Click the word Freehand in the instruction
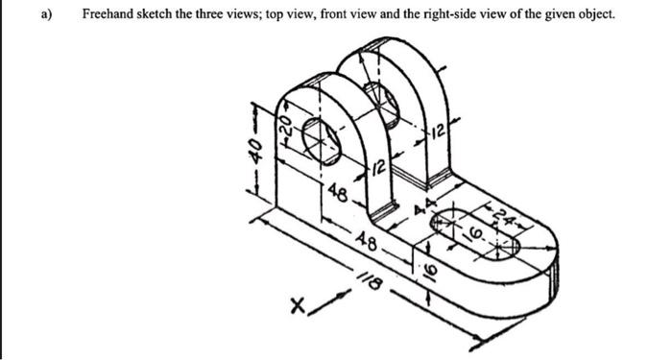point(109,15)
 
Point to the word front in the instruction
point(327,15)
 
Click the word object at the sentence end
point(592,15)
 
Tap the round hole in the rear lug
point(385,104)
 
